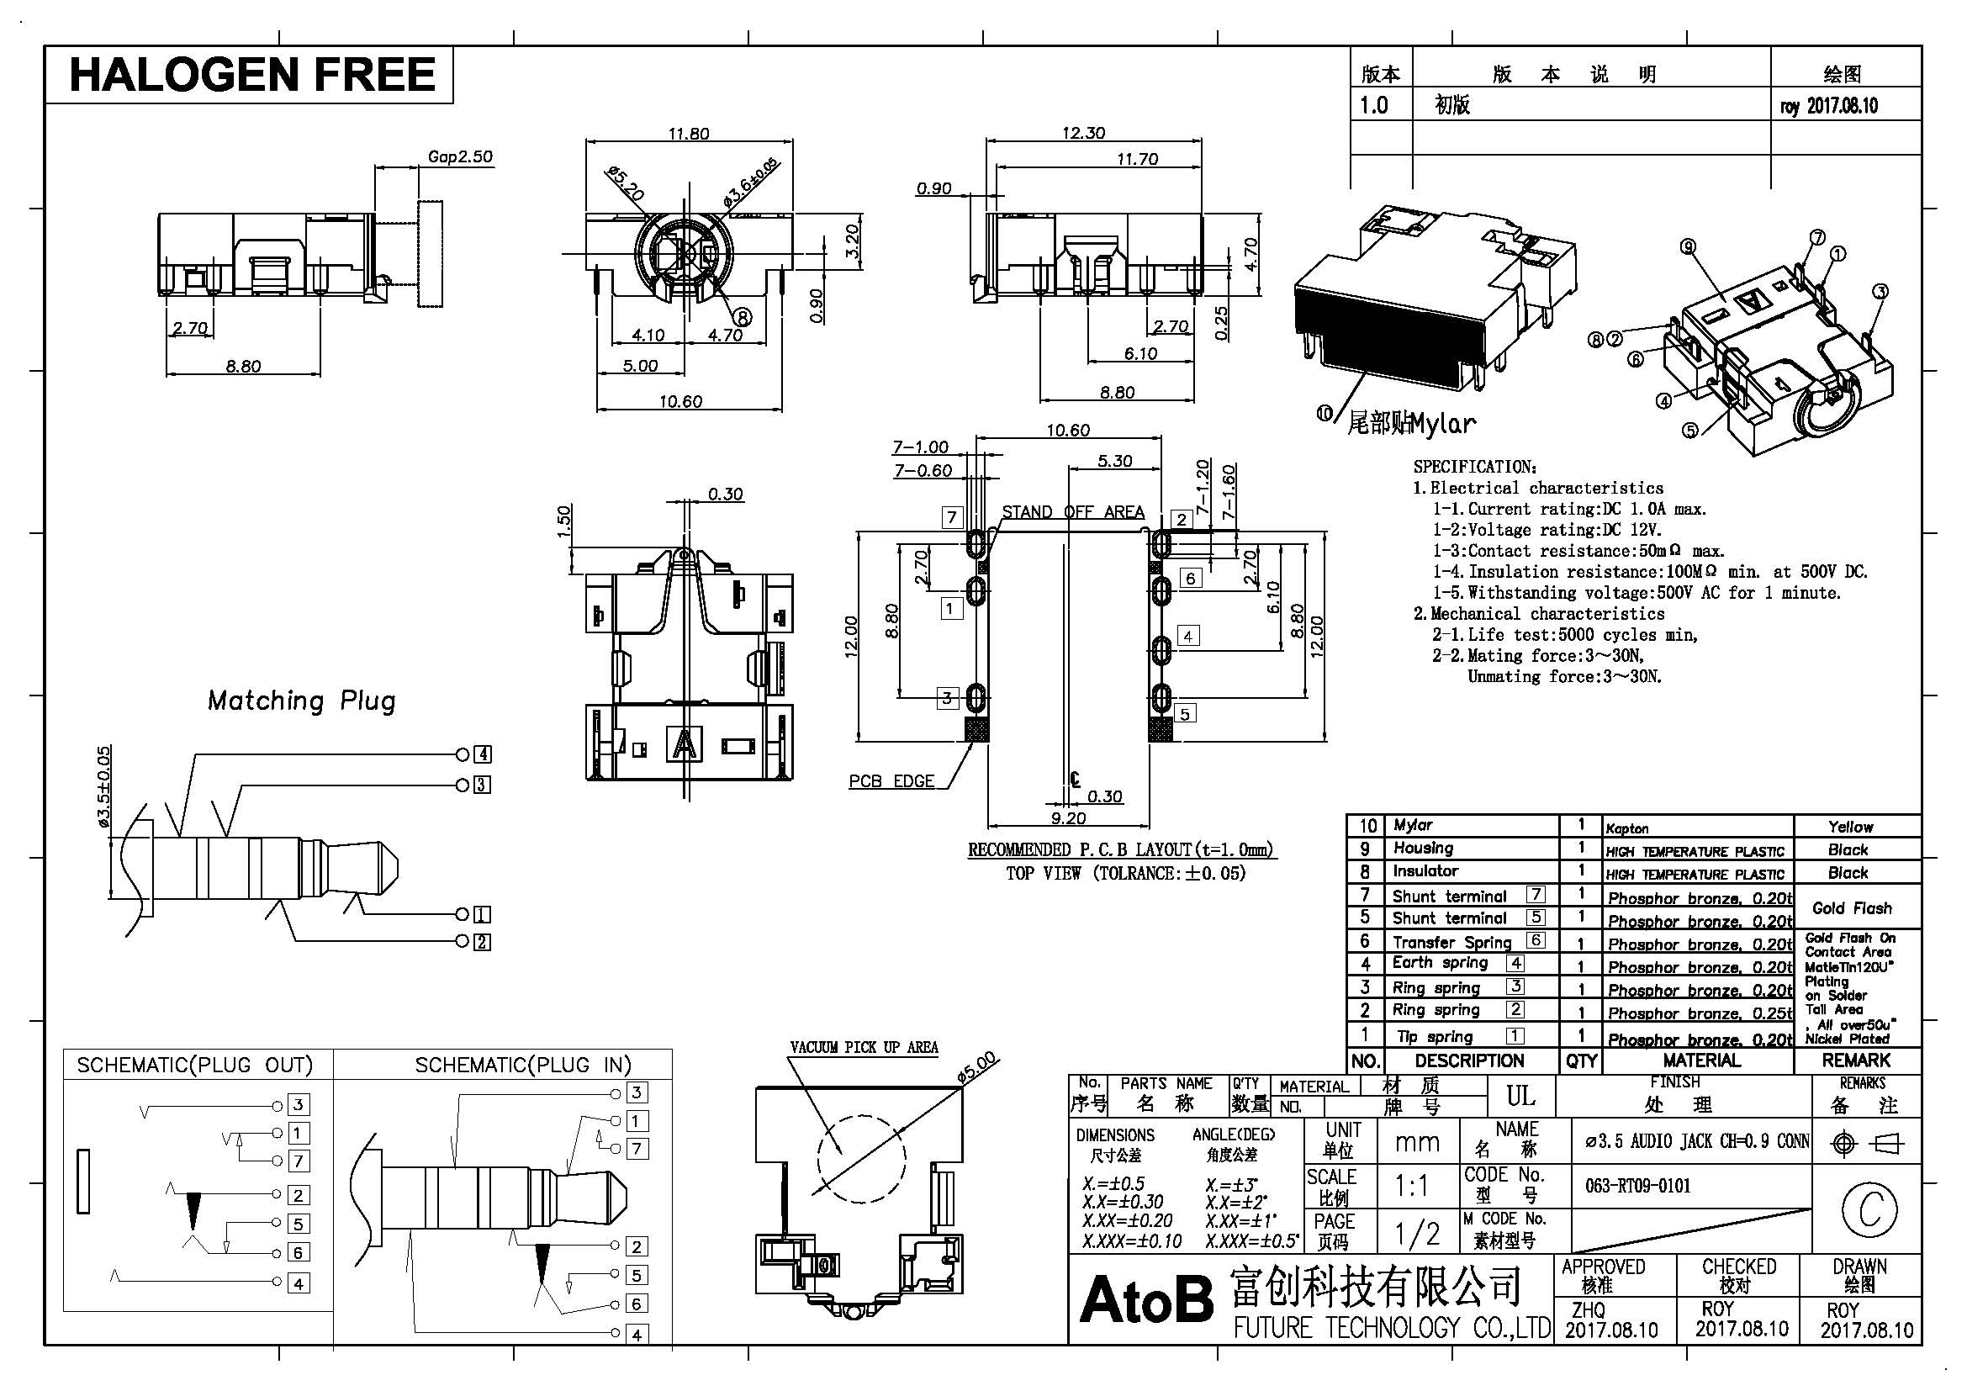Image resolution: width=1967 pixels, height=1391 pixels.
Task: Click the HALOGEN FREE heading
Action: coord(252,74)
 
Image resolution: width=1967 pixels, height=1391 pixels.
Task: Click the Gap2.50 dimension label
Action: coord(460,156)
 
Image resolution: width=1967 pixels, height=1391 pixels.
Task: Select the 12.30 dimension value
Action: coord(1084,133)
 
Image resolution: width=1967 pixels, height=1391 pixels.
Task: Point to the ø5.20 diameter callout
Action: coord(625,183)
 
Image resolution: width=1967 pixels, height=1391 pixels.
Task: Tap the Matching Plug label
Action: coord(302,701)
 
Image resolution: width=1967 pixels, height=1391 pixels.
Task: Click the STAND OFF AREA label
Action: coord(1072,512)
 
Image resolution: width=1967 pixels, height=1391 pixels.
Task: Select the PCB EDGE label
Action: coord(891,781)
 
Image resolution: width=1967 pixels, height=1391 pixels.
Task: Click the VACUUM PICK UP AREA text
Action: coord(864,1048)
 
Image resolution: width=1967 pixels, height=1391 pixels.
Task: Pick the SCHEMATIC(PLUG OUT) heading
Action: coord(194,1065)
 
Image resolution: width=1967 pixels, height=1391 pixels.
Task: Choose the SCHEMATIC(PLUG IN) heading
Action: coord(522,1065)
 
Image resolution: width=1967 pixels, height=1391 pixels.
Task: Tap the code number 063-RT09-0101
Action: coord(1637,1187)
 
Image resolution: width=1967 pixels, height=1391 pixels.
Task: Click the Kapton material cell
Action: coord(1627,828)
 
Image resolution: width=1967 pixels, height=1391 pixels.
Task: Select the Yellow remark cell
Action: coord(1849,827)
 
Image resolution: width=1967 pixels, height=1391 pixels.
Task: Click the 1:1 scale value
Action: coord(1410,1187)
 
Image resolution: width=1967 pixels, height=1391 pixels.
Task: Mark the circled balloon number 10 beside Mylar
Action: coord(1325,414)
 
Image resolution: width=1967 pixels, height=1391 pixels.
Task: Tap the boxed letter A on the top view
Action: coord(684,743)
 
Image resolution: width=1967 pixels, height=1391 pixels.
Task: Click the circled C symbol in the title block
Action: coord(1869,1208)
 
